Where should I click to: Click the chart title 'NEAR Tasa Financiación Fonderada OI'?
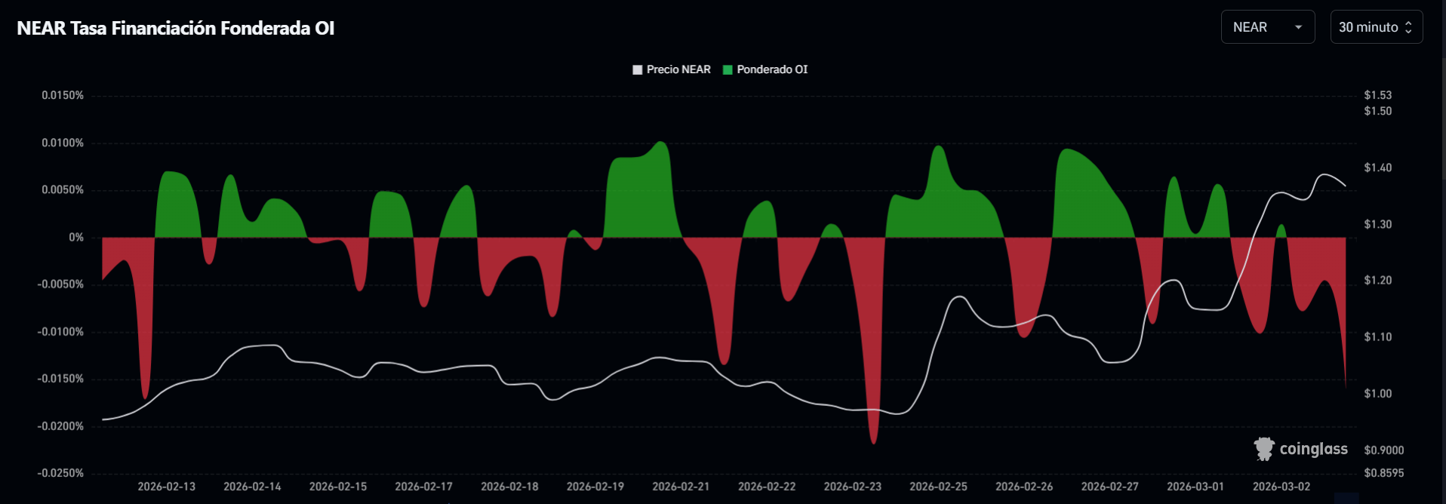click(175, 28)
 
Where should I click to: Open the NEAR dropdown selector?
click(1267, 27)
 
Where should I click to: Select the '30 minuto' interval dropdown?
click(1376, 27)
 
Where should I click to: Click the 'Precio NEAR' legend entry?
click(671, 69)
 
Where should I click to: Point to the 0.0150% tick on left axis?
click(63, 95)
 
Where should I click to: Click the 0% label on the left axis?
click(76, 237)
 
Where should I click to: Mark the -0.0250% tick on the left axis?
click(61, 473)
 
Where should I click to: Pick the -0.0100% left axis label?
click(61, 331)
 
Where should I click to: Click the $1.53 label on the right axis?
click(1377, 95)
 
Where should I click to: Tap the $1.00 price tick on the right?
click(1377, 393)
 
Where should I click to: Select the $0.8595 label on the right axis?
click(1383, 473)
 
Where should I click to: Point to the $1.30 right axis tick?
click(1377, 224)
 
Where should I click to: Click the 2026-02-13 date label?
click(166, 487)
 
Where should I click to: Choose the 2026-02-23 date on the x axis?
click(852, 487)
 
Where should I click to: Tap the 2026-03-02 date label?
click(1281, 487)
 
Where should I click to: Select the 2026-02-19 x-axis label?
click(595, 487)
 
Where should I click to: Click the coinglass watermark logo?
click(1300, 449)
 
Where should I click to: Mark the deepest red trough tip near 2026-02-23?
click(874, 443)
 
